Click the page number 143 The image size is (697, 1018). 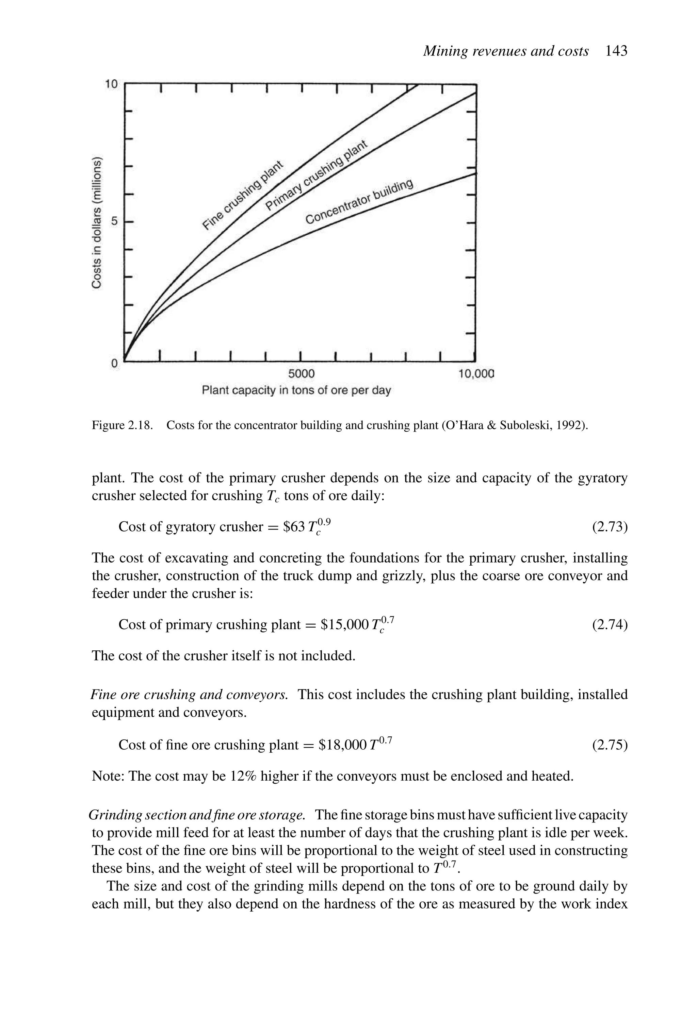coord(616,51)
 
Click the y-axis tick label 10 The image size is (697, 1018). coord(111,84)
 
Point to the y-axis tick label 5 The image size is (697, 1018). coord(114,222)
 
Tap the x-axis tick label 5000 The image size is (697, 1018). coord(301,374)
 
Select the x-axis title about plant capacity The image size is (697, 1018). coord(296,390)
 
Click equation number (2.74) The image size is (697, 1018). coord(610,624)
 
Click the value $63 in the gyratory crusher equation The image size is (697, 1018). coord(294,527)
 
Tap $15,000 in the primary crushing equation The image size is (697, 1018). coord(344,624)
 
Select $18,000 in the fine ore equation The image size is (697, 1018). coord(342,745)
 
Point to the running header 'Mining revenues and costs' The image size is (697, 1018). coord(505,51)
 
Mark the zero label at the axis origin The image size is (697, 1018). coord(114,363)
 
